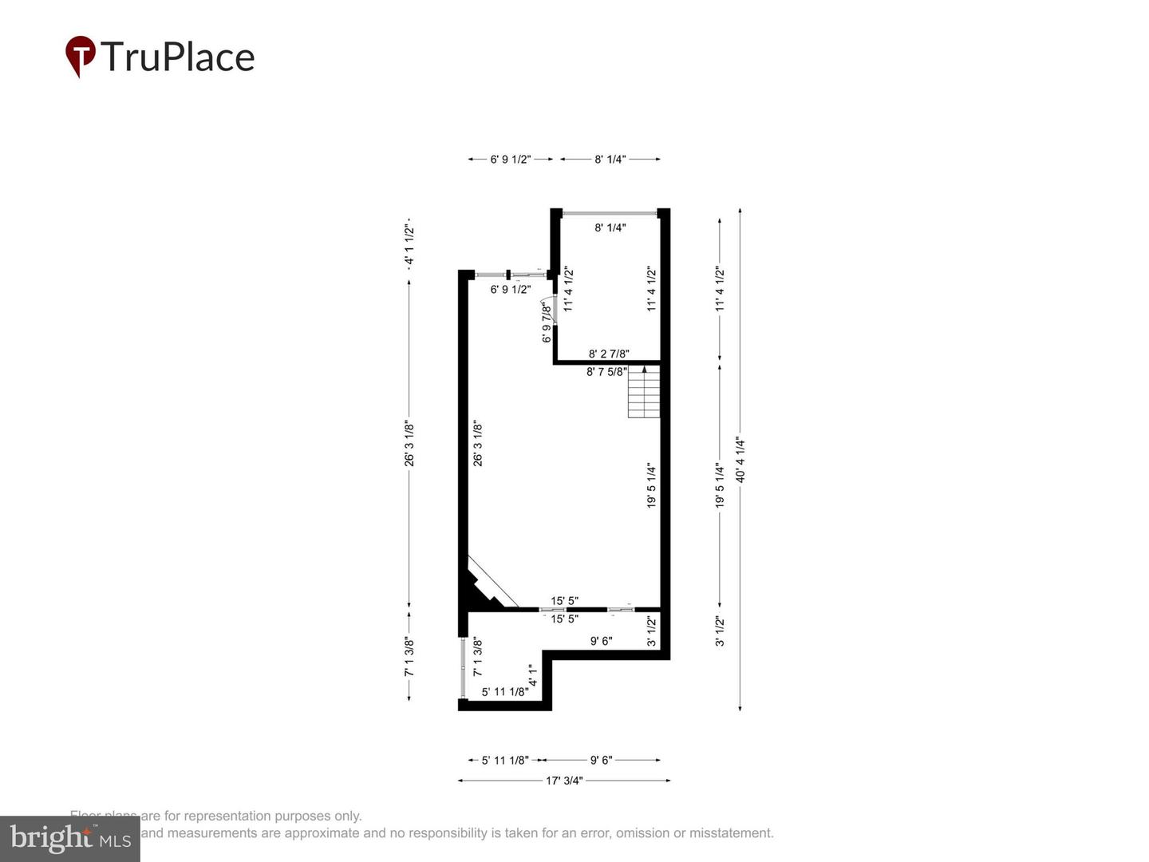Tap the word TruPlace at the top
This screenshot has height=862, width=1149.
177,57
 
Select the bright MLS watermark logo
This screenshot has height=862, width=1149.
70,838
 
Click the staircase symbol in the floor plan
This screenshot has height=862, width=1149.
644,392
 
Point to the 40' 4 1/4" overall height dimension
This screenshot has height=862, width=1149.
740,460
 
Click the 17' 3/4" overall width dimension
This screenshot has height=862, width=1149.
564,781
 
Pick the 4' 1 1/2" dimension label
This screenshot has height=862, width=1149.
409,244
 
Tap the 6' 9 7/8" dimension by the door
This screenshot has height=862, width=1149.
547,322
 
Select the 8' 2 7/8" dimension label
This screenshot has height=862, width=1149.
609,354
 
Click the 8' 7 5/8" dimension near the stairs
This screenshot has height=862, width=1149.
606,371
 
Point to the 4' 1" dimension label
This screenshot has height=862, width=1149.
533,676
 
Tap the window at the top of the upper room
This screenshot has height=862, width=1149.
610,213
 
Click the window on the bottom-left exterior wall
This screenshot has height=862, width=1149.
463,668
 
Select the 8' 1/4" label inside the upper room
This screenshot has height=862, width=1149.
610,227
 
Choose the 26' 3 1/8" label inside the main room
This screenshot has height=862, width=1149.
478,444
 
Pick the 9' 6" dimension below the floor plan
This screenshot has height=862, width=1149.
601,760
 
